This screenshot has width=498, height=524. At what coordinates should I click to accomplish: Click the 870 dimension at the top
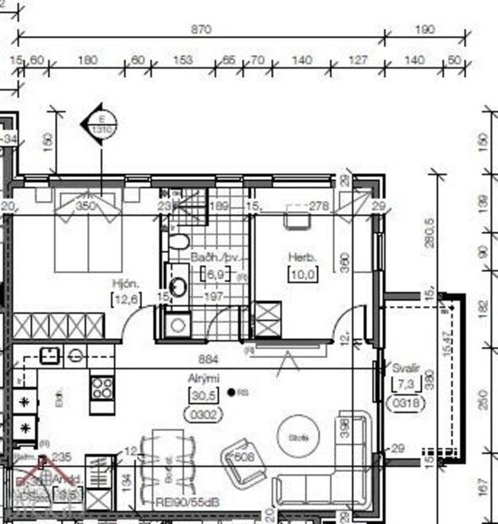click(200, 29)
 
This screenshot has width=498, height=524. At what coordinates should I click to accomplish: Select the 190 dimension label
click(424, 29)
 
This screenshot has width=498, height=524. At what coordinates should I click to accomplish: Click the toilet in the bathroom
click(178, 243)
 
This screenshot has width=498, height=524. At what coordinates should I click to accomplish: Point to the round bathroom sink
click(179, 287)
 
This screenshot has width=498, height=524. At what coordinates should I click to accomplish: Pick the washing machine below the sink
click(177, 323)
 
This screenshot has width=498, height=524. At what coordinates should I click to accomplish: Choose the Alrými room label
click(200, 380)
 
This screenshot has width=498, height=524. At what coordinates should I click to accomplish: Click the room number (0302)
click(202, 415)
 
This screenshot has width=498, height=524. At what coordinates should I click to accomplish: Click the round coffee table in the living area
click(298, 436)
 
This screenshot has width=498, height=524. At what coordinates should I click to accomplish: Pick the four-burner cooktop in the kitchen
click(102, 388)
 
